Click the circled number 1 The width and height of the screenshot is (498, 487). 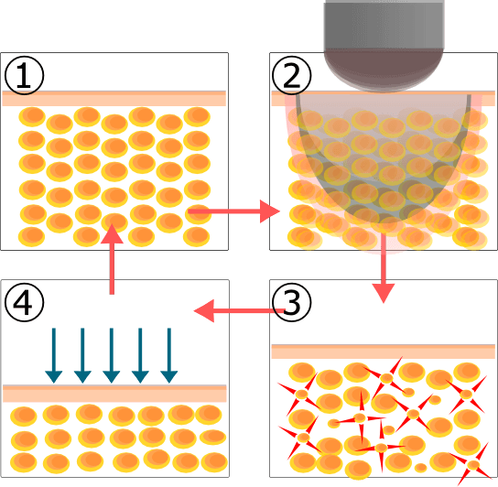click(24, 76)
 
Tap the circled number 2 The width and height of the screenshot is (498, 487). click(291, 76)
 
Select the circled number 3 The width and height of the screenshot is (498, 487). click(291, 302)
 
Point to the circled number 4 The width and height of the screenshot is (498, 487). click(24, 302)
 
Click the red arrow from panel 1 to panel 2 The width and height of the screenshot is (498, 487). click(233, 211)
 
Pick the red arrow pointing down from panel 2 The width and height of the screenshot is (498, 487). click(384, 268)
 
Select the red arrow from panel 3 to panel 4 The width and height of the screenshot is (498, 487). click(239, 310)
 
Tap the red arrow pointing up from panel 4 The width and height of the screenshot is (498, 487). click(112, 259)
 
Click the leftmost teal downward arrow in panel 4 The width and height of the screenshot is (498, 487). click(54, 355)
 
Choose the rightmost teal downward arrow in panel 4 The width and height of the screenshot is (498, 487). click(169, 355)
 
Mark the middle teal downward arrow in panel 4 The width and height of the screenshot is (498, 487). click(112, 355)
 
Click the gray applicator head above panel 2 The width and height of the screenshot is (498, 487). click(384, 46)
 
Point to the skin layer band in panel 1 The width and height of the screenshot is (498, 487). click(114, 98)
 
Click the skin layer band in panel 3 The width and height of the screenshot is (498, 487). click(384, 352)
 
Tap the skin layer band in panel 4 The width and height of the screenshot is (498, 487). click(114, 394)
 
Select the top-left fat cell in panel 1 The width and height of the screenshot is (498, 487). click(32, 116)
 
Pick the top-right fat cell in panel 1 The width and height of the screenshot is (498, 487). click(197, 116)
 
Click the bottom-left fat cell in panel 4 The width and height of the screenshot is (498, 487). click(24, 462)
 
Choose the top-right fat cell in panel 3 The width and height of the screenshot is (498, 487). click(467, 373)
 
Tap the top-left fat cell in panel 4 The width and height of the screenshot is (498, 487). click(24, 417)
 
